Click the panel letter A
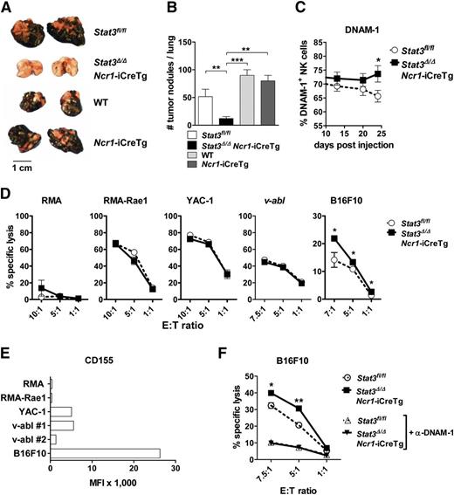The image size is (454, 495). click(7, 8)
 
